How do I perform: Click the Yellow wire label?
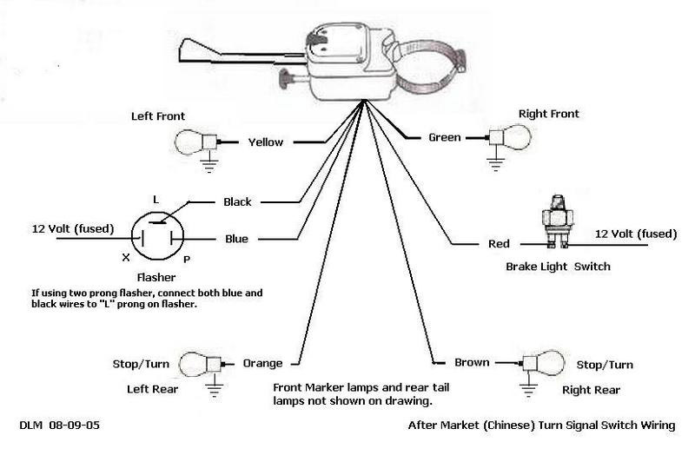point(266,142)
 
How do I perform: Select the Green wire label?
point(444,137)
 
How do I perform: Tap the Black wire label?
point(237,202)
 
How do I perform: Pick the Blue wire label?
point(236,238)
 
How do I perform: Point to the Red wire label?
point(498,245)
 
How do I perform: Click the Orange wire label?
point(262,363)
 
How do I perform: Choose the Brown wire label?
point(473,362)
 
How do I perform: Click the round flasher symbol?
point(156,236)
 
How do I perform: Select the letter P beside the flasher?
point(187,260)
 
